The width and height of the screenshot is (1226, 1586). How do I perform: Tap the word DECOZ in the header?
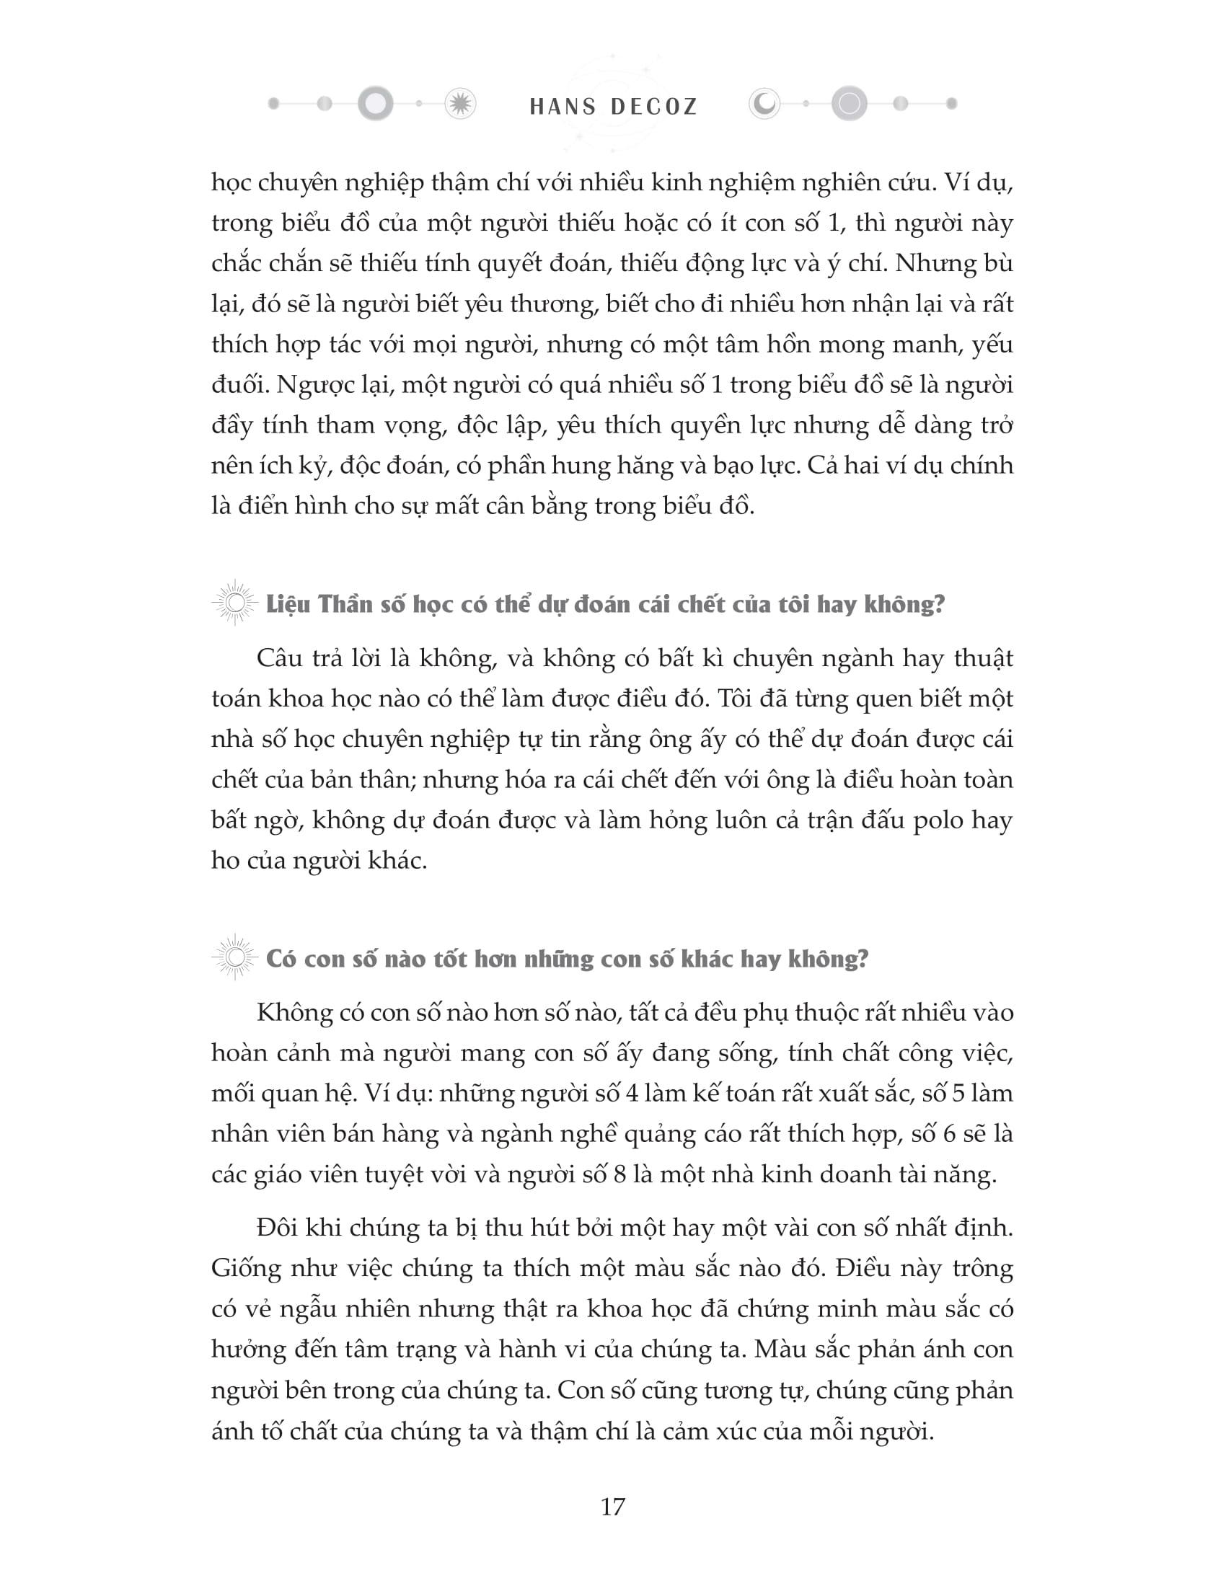click(x=654, y=107)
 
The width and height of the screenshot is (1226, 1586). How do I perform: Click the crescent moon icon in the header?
click(x=764, y=105)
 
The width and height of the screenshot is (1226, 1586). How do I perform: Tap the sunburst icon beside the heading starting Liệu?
click(x=234, y=603)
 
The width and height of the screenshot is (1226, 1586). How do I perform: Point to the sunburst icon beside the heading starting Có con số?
click(x=234, y=959)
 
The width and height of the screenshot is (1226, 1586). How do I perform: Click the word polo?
click(x=935, y=820)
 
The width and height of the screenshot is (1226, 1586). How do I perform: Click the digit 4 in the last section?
click(x=631, y=1093)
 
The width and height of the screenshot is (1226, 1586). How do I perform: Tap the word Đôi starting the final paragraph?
click(x=275, y=1228)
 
